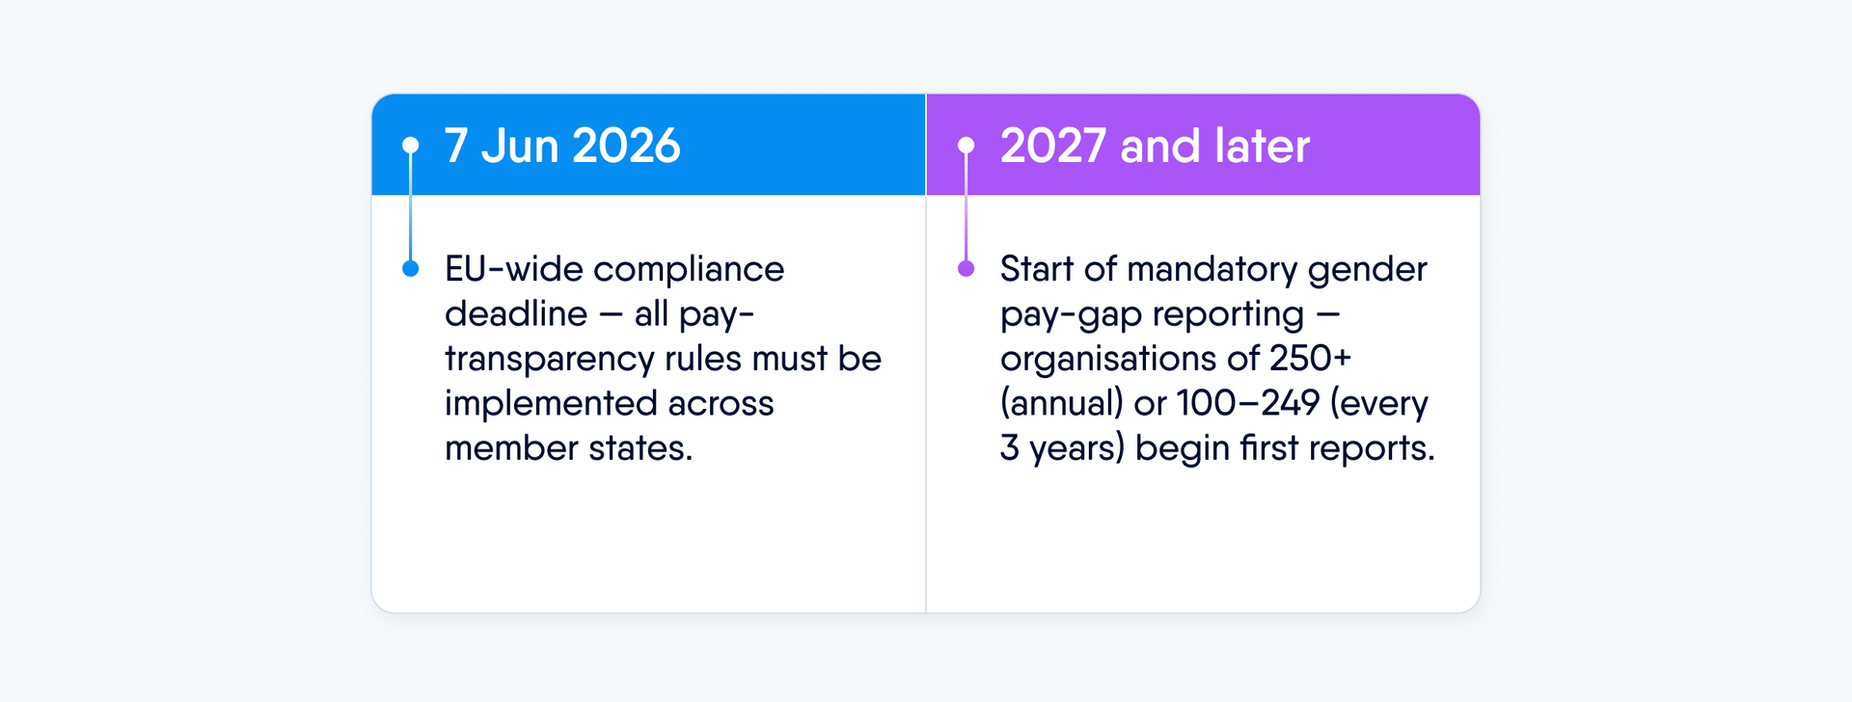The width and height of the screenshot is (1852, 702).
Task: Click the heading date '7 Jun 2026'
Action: (x=562, y=146)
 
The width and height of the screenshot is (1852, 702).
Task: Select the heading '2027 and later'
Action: (x=1155, y=146)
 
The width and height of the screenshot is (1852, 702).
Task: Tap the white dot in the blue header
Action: (x=411, y=146)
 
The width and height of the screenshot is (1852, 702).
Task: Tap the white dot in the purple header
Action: (x=966, y=146)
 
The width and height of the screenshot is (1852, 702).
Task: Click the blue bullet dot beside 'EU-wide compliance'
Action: (x=411, y=268)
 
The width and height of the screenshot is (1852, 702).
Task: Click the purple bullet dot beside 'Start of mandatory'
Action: (x=966, y=268)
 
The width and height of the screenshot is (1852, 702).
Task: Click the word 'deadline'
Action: (x=516, y=313)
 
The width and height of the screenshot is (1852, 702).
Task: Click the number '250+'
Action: (x=1310, y=359)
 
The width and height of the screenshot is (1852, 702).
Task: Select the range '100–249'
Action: (x=1248, y=403)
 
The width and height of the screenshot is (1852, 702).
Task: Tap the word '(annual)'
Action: (x=1062, y=404)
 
